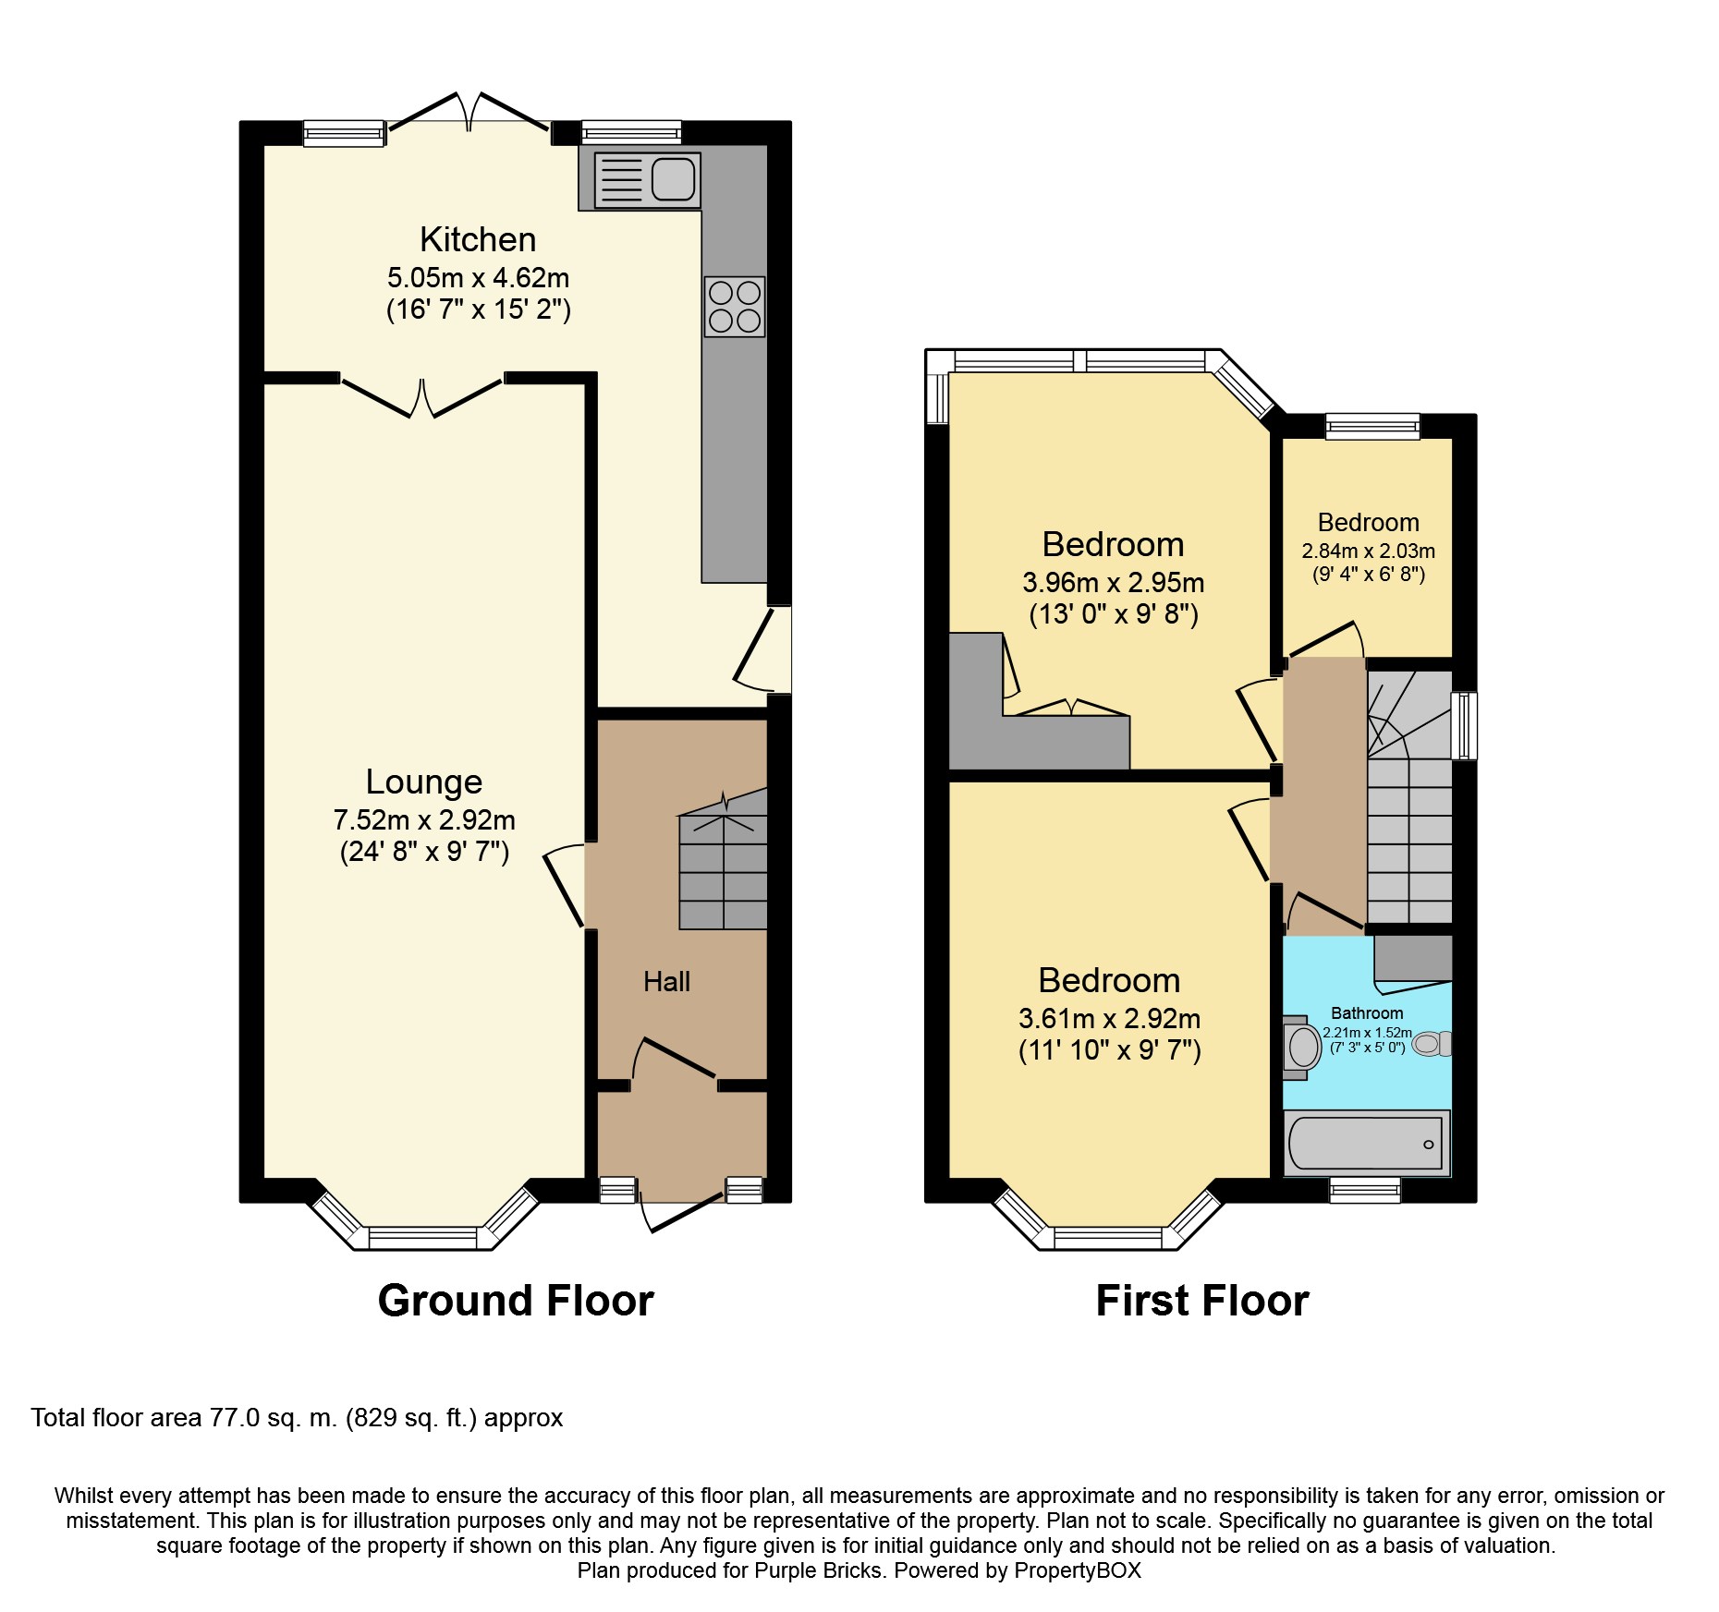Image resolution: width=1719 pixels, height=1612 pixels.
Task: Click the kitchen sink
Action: tap(647, 179)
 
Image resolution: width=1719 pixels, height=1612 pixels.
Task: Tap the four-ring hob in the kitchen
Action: tap(735, 307)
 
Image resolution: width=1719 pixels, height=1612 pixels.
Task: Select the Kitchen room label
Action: tap(478, 239)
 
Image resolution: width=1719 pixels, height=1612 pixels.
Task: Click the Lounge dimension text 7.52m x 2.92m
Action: tap(424, 819)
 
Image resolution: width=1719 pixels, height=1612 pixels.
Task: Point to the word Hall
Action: tap(666, 981)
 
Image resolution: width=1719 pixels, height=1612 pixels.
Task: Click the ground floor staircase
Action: tap(723, 859)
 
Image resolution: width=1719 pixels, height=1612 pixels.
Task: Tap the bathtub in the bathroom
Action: tap(1367, 1143)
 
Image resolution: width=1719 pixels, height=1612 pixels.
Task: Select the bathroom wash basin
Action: tap(1302, 1048)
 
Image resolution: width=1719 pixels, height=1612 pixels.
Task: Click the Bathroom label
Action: tap(1367, 1013)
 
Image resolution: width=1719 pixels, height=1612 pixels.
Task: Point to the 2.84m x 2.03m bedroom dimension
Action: tap(1369, 551)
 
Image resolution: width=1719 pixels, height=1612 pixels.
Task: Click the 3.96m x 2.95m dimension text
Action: tap(1113, 583)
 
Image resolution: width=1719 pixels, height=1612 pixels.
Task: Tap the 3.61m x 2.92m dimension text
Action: tap(1109, 1019)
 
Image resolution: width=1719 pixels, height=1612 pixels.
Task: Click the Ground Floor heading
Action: tap(516, 1301)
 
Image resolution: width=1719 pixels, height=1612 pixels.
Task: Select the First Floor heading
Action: tap(1202, 1301)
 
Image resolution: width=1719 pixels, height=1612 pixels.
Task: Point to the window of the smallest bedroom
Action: tap(1372, 426)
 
